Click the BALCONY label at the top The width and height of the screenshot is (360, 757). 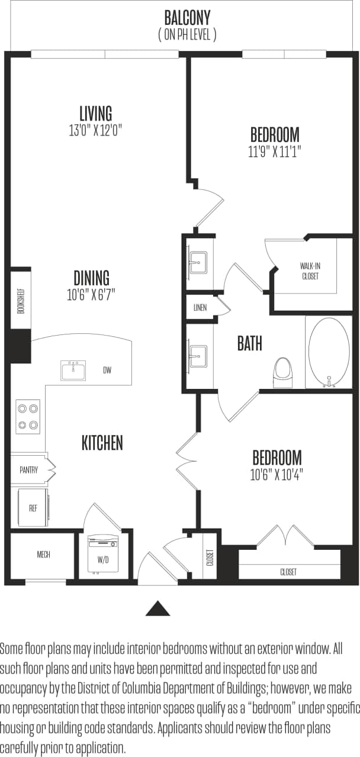click(187, 18)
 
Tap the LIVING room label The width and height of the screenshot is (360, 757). click(95, 112)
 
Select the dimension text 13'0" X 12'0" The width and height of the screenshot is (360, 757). click(95, 130)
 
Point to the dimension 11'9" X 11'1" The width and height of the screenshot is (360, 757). click(274, 152)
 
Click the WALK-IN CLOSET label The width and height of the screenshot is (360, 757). click(310, 271)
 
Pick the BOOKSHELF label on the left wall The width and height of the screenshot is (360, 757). click(21, 299)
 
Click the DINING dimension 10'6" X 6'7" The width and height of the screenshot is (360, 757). click(91, 294)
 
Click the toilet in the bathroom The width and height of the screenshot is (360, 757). click(283, 371)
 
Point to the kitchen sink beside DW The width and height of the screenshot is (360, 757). click(73, 371)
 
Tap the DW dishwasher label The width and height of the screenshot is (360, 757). click(107, 371)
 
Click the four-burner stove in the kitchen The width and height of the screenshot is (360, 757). click(28, 416)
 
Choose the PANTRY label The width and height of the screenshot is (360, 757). click(28, 470)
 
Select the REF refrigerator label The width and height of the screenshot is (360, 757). click(33, 508)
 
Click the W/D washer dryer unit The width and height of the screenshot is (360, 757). click(102, 555)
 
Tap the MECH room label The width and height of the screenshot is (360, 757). click(43, 555)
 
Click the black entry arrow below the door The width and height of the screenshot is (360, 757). click(158, 608)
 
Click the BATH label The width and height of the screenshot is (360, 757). click(249, 343)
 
